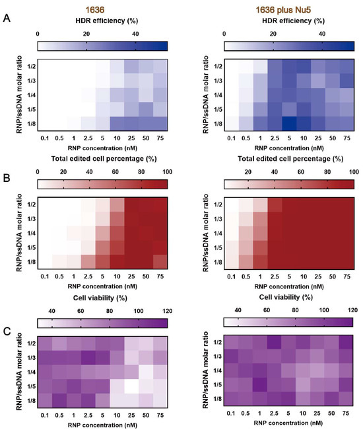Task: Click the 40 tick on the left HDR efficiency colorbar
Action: point(135,33)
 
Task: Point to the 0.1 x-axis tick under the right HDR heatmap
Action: point(231,140)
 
